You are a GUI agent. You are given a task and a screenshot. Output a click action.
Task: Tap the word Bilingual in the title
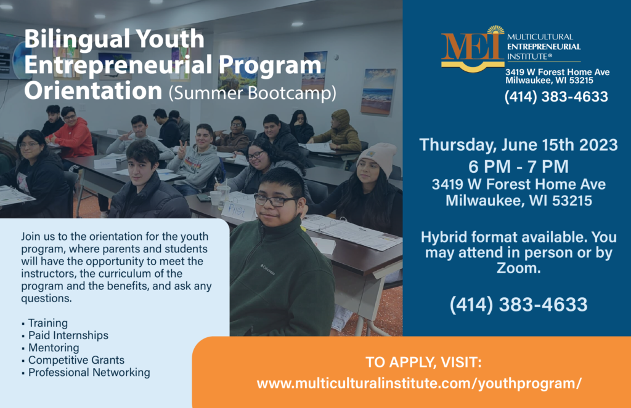[x=77, y=39]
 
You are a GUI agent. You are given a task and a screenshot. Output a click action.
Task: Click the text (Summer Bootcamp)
[x=252, y=93]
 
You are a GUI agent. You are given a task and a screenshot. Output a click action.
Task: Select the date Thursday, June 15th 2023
[x=518, y=145]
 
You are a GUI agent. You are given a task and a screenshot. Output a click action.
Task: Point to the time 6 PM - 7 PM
[x=518, y=166]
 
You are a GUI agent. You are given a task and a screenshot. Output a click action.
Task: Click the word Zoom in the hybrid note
[x=519, y=268]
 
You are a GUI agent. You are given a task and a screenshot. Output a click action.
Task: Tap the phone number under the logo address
[x=556, y=97]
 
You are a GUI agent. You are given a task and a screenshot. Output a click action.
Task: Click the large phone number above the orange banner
[x=518, y=305]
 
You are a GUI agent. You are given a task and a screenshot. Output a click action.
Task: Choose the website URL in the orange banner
[x=419, y=383]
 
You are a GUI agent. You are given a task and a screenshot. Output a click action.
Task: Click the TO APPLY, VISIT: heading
[x=423, y=362]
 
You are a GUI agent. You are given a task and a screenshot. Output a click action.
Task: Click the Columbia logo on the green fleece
[x=267, y=270]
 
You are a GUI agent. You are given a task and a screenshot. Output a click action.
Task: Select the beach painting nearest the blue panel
[x=378, y=91]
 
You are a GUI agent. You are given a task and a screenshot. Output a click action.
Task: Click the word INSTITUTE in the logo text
[x=527, y=57]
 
